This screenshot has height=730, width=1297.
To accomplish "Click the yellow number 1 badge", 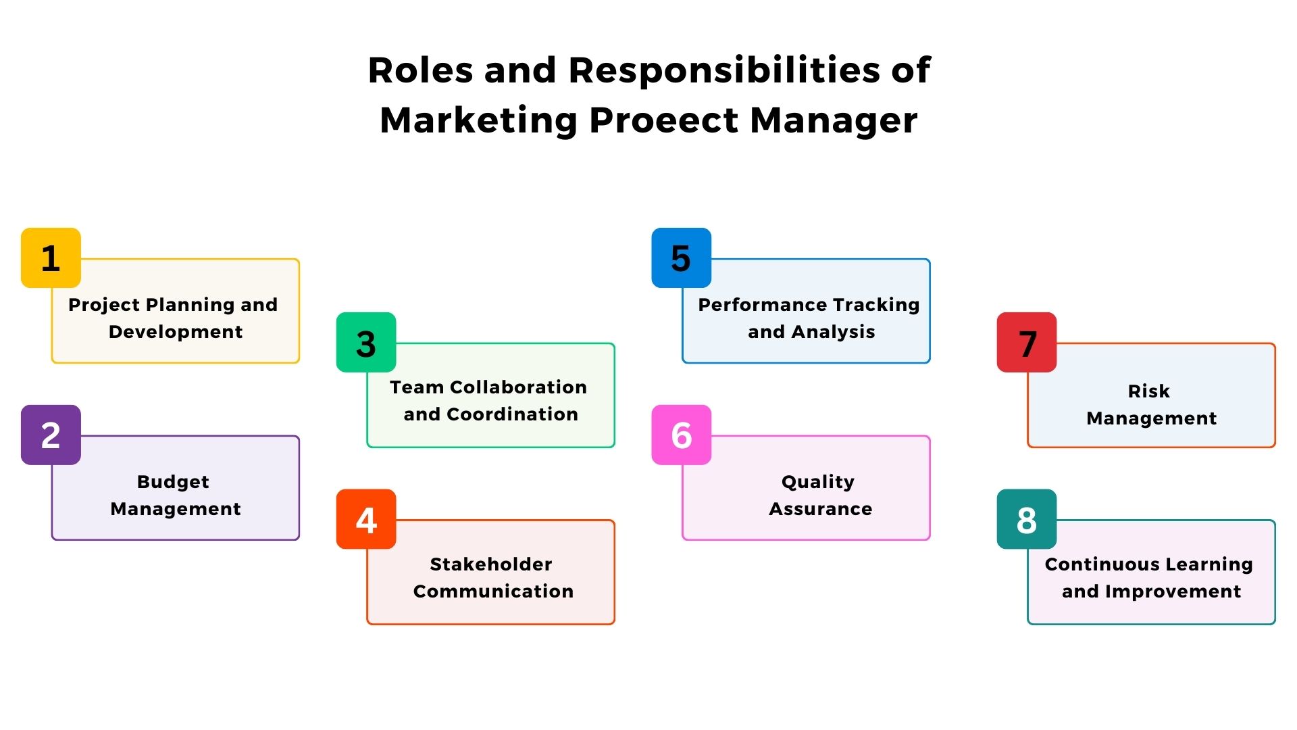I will [x=51, y=258].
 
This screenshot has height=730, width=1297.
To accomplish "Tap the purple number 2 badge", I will [x=51, y=435].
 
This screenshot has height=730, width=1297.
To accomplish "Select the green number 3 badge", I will [x=366, y=342].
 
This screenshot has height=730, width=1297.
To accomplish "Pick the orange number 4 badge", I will [x=366, y=519].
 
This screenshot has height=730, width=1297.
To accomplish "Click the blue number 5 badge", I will [x=681, y=258].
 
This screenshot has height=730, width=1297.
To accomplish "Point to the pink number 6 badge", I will [x=681, y=435].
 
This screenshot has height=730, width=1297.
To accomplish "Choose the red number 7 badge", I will [x=1027, y=342].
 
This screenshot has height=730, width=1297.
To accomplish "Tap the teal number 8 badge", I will [x=1027, y=519].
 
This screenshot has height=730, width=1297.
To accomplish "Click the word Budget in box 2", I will [x=173, y=481].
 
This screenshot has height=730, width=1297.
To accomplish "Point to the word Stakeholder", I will [x=491, y=564].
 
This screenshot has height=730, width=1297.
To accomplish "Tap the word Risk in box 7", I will [x=1148, y=391].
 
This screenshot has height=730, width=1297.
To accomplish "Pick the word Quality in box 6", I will [x=818, y=481].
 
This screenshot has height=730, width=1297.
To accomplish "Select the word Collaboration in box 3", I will [x=518, y=387].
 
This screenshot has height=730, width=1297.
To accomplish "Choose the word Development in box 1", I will [x=176, y=331].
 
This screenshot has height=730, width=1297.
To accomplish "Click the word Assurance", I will [x=821, y=508].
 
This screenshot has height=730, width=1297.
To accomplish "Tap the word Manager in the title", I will [x=834, y=120].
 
